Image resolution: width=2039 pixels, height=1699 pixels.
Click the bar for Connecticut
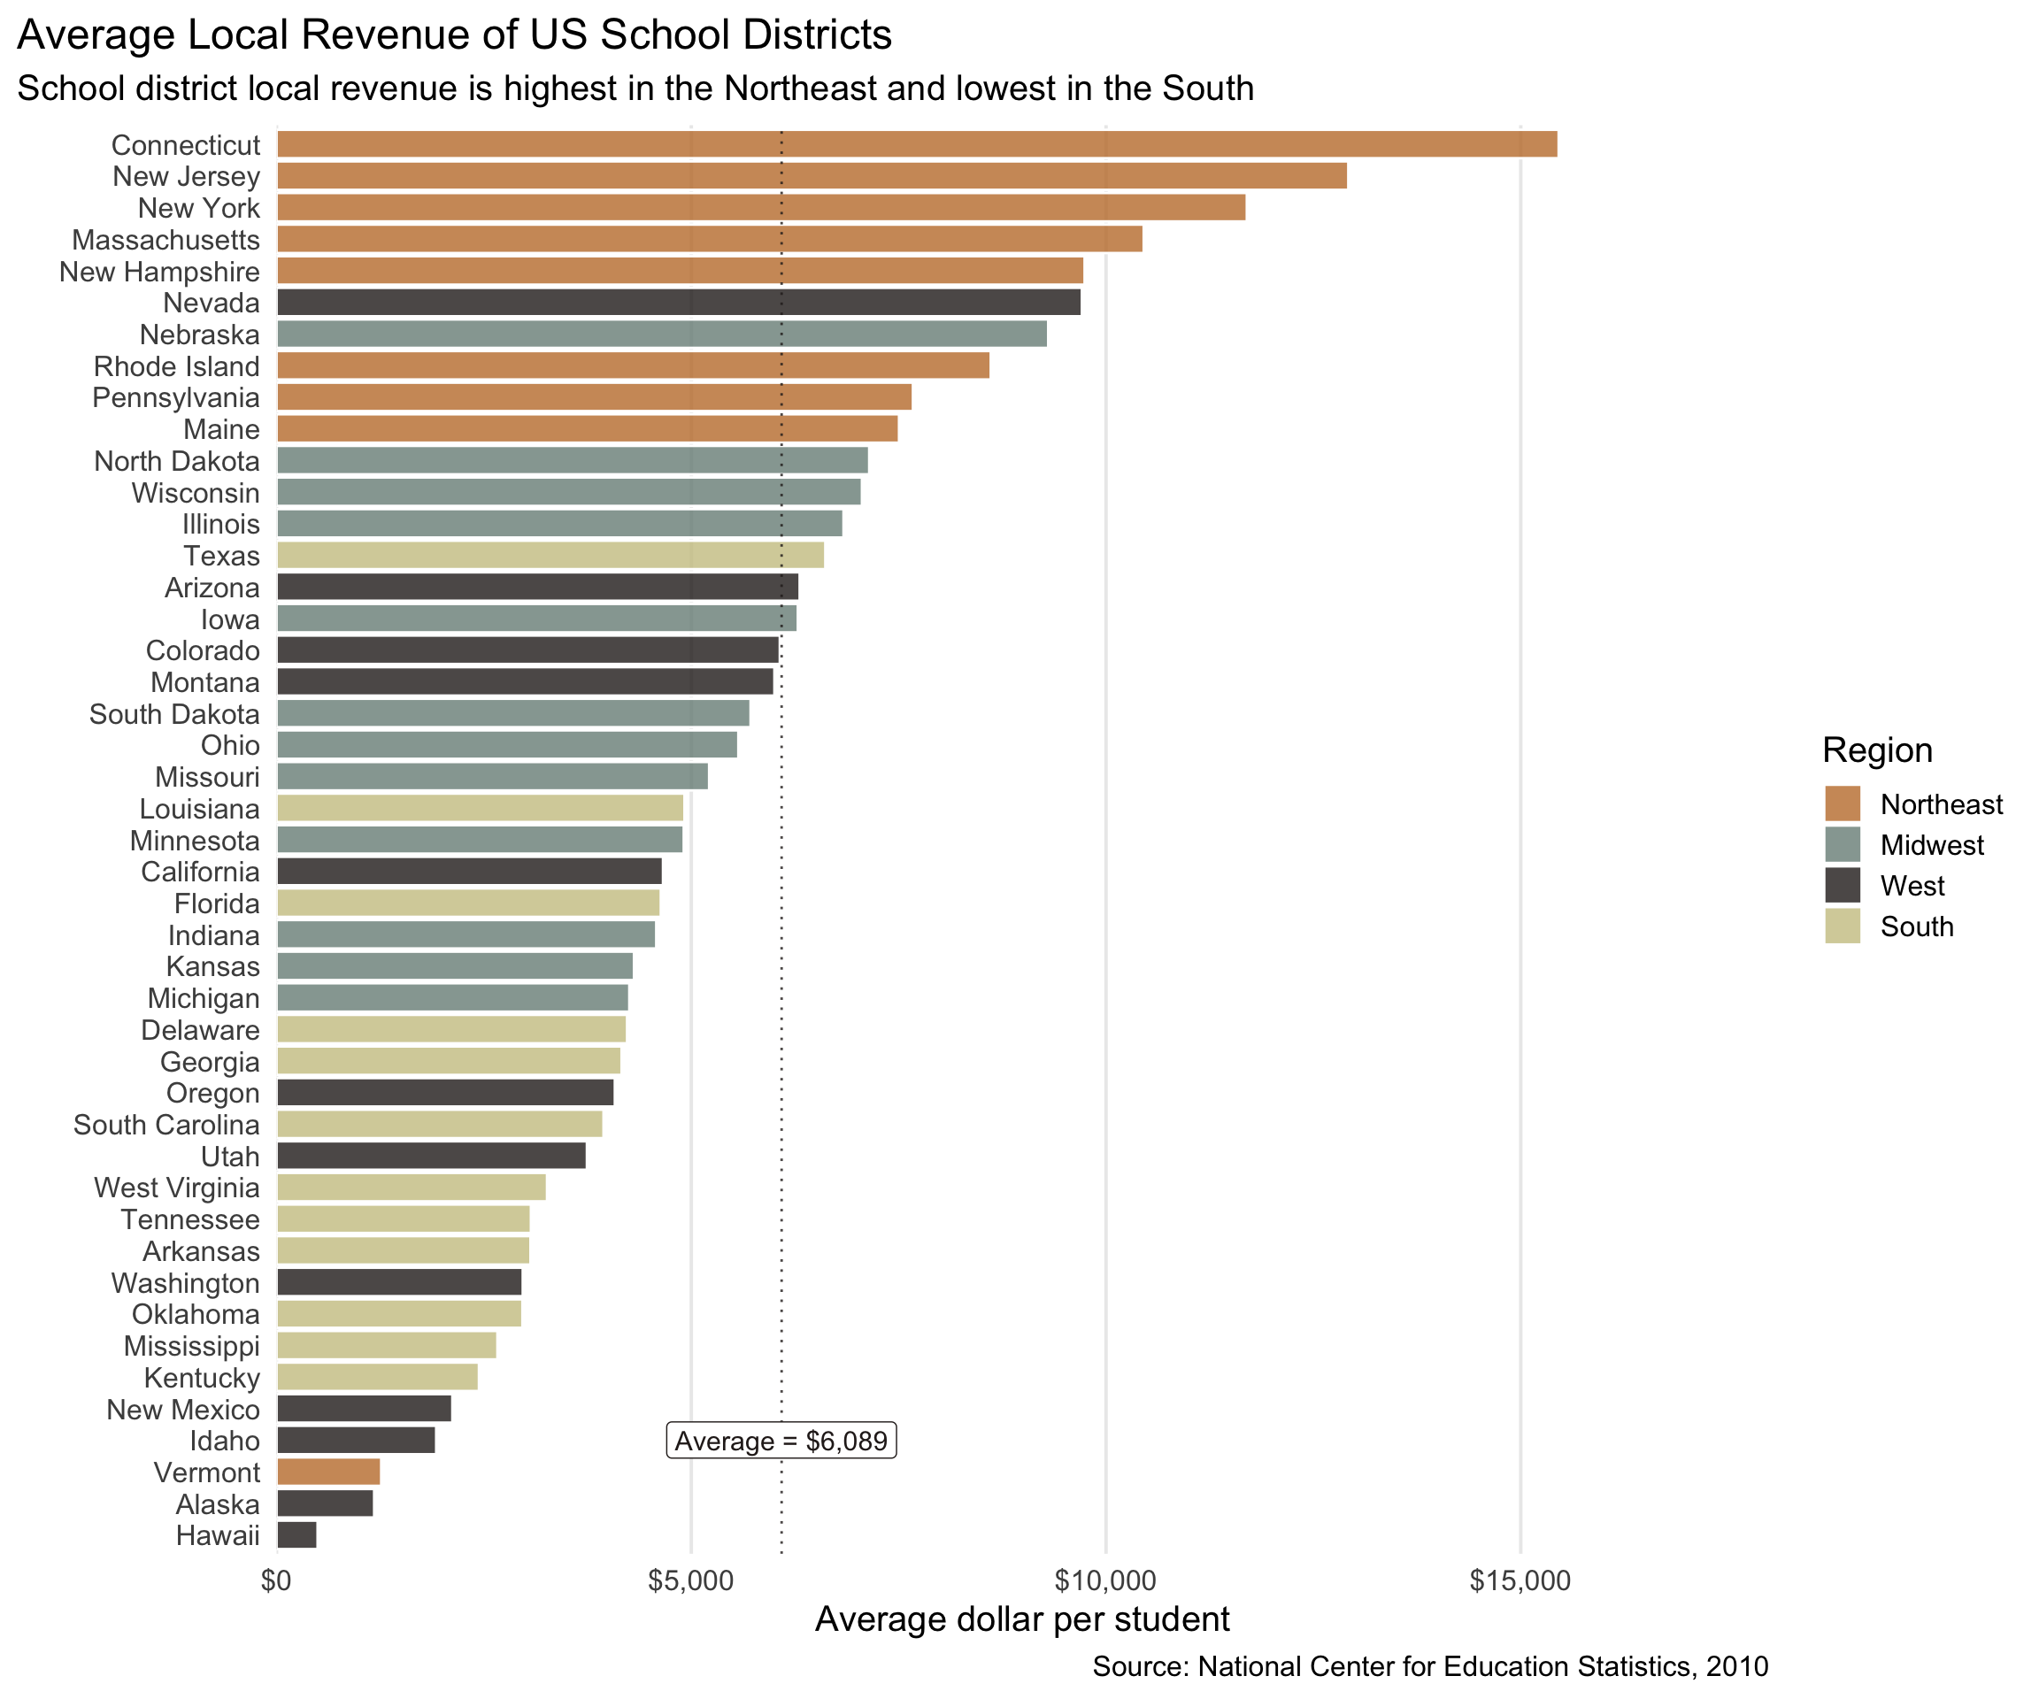click(917, 143)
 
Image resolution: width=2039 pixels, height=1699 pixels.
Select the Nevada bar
click(679, 302)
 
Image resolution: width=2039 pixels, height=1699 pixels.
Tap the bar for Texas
click(550, 556)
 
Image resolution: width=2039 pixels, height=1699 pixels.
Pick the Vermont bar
click(328, 1472)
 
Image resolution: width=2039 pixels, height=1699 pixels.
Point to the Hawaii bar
click(297, 1535)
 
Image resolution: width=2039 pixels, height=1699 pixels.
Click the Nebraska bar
click(662, 334)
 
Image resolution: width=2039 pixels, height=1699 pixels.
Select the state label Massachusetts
click(166, 240)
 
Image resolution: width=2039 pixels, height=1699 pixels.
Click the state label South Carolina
click(167, 1124)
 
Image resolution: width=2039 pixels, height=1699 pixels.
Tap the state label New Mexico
click(183, 1410)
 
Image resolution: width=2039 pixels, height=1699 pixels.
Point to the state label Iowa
click(230, 619)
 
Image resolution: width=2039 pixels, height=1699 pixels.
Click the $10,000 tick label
click(1105, 1581)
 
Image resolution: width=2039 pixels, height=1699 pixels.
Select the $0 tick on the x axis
click(277, 1581)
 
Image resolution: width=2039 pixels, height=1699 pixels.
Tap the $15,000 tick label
click(1520, 1581)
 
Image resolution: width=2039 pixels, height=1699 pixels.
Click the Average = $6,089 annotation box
click(781, 1441)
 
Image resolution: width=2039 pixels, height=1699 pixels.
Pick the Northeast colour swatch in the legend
click(1842, 803)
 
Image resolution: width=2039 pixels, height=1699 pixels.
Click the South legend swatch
click(1842, 926)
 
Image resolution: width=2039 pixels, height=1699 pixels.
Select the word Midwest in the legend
click(1931, 846)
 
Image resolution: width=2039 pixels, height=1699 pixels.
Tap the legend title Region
click(1877, 750)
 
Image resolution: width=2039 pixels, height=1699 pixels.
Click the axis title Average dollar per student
click(1021, 1619)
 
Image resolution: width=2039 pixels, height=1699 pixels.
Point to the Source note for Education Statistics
click(1429, 1667)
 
